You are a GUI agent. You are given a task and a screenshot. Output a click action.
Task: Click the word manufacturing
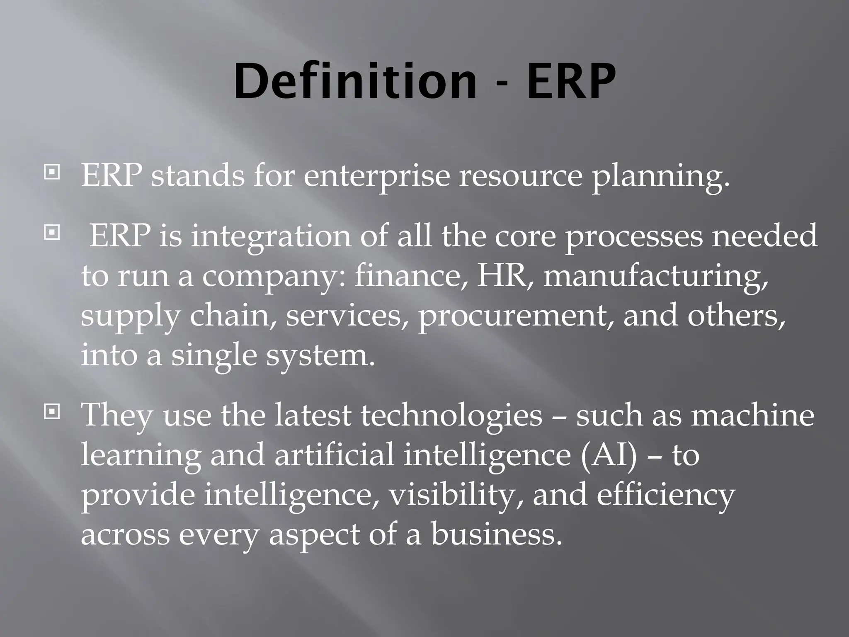click(x=655, y=276)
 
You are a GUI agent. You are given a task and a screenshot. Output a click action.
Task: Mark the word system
click(x=320, y=356)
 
